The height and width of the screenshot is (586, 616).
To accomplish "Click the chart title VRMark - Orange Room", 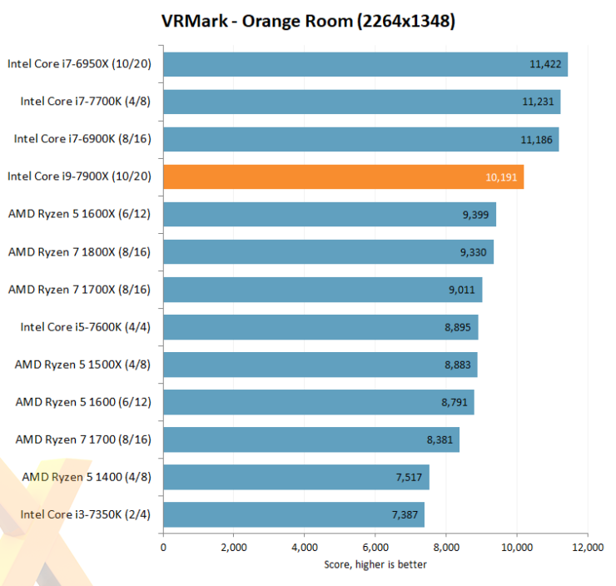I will [x=308, y=22].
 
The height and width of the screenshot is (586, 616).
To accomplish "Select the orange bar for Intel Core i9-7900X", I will [x=343, y=176].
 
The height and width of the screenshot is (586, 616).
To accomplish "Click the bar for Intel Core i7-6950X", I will [x=365, y=64].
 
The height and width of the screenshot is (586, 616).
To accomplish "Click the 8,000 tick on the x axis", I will [x=446, y=547].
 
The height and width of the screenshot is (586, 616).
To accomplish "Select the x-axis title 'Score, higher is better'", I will [x=375, y=564].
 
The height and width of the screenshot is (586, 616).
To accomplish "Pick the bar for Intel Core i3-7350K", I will [x=293, y=514].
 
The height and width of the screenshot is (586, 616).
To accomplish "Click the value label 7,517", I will [x=408, y=477].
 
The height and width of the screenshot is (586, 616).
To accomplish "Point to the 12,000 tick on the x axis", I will [x=588, y=547].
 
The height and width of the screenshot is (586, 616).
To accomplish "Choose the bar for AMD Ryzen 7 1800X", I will [x=328, y=251].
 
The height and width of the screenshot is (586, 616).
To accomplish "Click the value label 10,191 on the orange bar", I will [x=502, y=177].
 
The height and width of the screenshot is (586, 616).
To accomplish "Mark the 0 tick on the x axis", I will [x=163, y=547].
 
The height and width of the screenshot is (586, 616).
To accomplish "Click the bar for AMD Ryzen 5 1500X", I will [x=320, y=365].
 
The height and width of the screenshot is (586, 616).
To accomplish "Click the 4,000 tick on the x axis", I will [x=305, y=547].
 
